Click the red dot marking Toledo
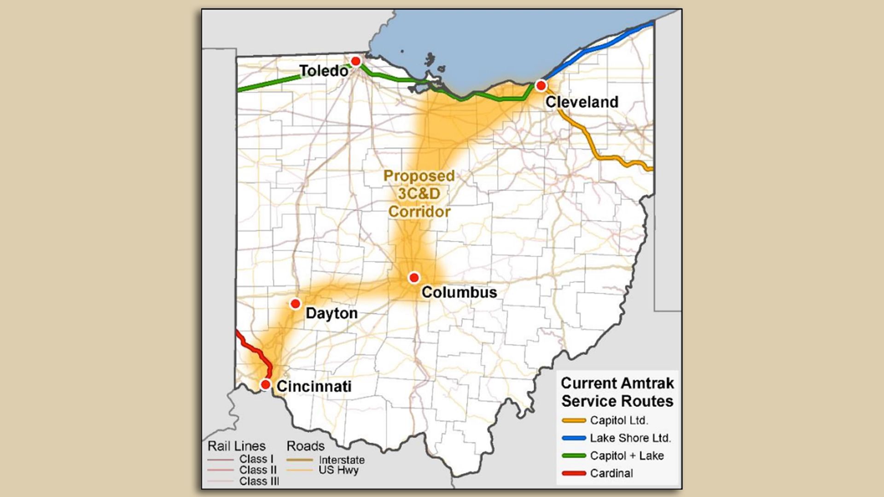(355, 61)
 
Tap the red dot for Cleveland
(541, 86)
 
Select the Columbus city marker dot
(414, 277)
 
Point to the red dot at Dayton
(296, 304)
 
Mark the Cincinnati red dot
(266, 384)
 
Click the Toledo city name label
(324, 71)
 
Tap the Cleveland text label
(582, 102)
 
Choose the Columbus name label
(459, 292)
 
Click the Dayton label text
(331, 313)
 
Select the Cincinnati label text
(314, 386)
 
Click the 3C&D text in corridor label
(419, 194)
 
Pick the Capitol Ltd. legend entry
(618, 420)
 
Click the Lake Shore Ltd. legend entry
(630, 438)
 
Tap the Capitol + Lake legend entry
(626, 456)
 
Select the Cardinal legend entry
(611, 473)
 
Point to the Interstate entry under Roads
(341, 460)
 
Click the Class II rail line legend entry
(257, 470)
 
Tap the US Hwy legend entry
(338, 470)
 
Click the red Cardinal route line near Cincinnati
(252, 348)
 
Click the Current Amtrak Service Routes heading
(617, 392)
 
